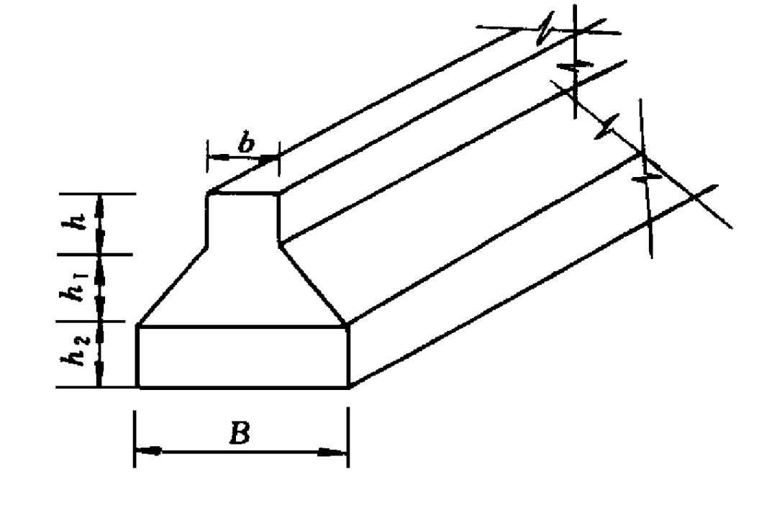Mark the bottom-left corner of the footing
click(137, 387)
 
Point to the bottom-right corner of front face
click(349, 387)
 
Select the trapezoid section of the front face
click(243, 288)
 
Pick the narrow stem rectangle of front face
click(243, 219)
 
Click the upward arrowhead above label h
click(100, 201)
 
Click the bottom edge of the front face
click(243, 387)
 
